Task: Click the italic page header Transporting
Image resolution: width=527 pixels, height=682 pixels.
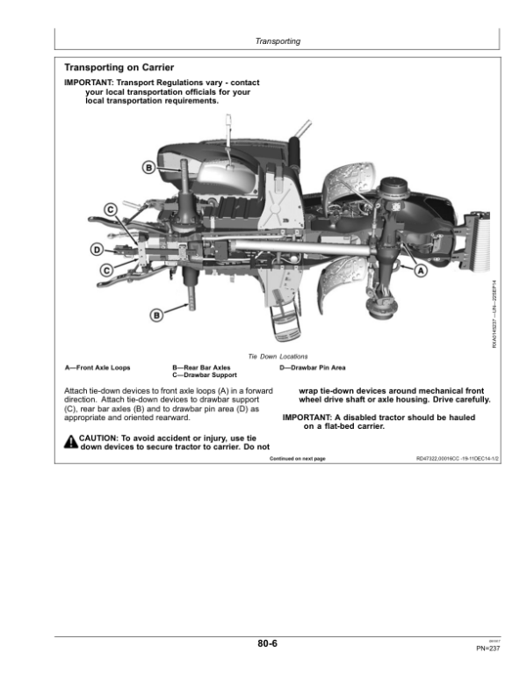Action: click(278, 41)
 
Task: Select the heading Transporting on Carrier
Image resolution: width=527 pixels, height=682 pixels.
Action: click(119, 68)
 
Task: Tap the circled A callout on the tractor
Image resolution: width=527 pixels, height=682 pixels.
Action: click(420, 272)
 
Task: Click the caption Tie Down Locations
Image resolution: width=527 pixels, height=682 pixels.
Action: click(278, 357)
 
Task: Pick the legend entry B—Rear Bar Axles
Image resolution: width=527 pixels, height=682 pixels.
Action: click(202, 367)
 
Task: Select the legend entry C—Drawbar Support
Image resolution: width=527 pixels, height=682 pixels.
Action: click(206, 375)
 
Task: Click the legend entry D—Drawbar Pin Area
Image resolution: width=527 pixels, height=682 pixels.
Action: click(312, 367)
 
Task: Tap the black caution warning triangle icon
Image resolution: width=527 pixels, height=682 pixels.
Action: click(70, 441)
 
